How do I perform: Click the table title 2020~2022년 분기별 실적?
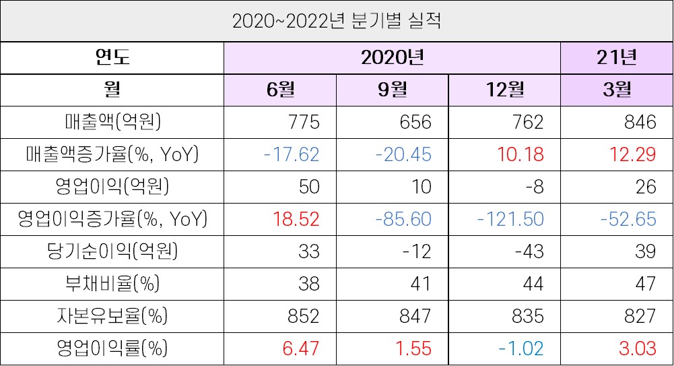(x=337, y=21)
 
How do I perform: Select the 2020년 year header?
(x=392, y=57)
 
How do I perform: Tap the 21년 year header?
(x=616, y=57)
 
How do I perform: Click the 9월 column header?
(x=392, y=90)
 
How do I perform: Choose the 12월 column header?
(x=504, y=90)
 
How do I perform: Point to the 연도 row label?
(x=112, y=57)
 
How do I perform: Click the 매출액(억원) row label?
(x=112, y=122)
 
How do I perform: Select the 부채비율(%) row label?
(x=112, y=284)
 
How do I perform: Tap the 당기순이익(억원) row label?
(x=112, y=251)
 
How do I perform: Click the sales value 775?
(x=302, y=122)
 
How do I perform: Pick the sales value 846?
(x=640, y=122)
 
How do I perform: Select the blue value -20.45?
(x=403, y=154)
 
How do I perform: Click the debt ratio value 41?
(x=421, y=284)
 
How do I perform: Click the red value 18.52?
(x=296, y=219)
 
